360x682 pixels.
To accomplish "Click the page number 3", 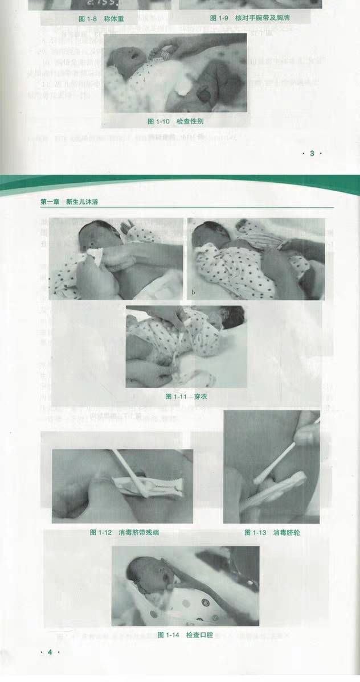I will click(x=312, y=153).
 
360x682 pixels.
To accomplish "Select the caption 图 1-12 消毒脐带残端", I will click(x=119, y=532).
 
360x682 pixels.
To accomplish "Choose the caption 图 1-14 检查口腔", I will click(x=185, y=635).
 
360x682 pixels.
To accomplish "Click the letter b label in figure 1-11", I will click(x=194, y=293).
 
